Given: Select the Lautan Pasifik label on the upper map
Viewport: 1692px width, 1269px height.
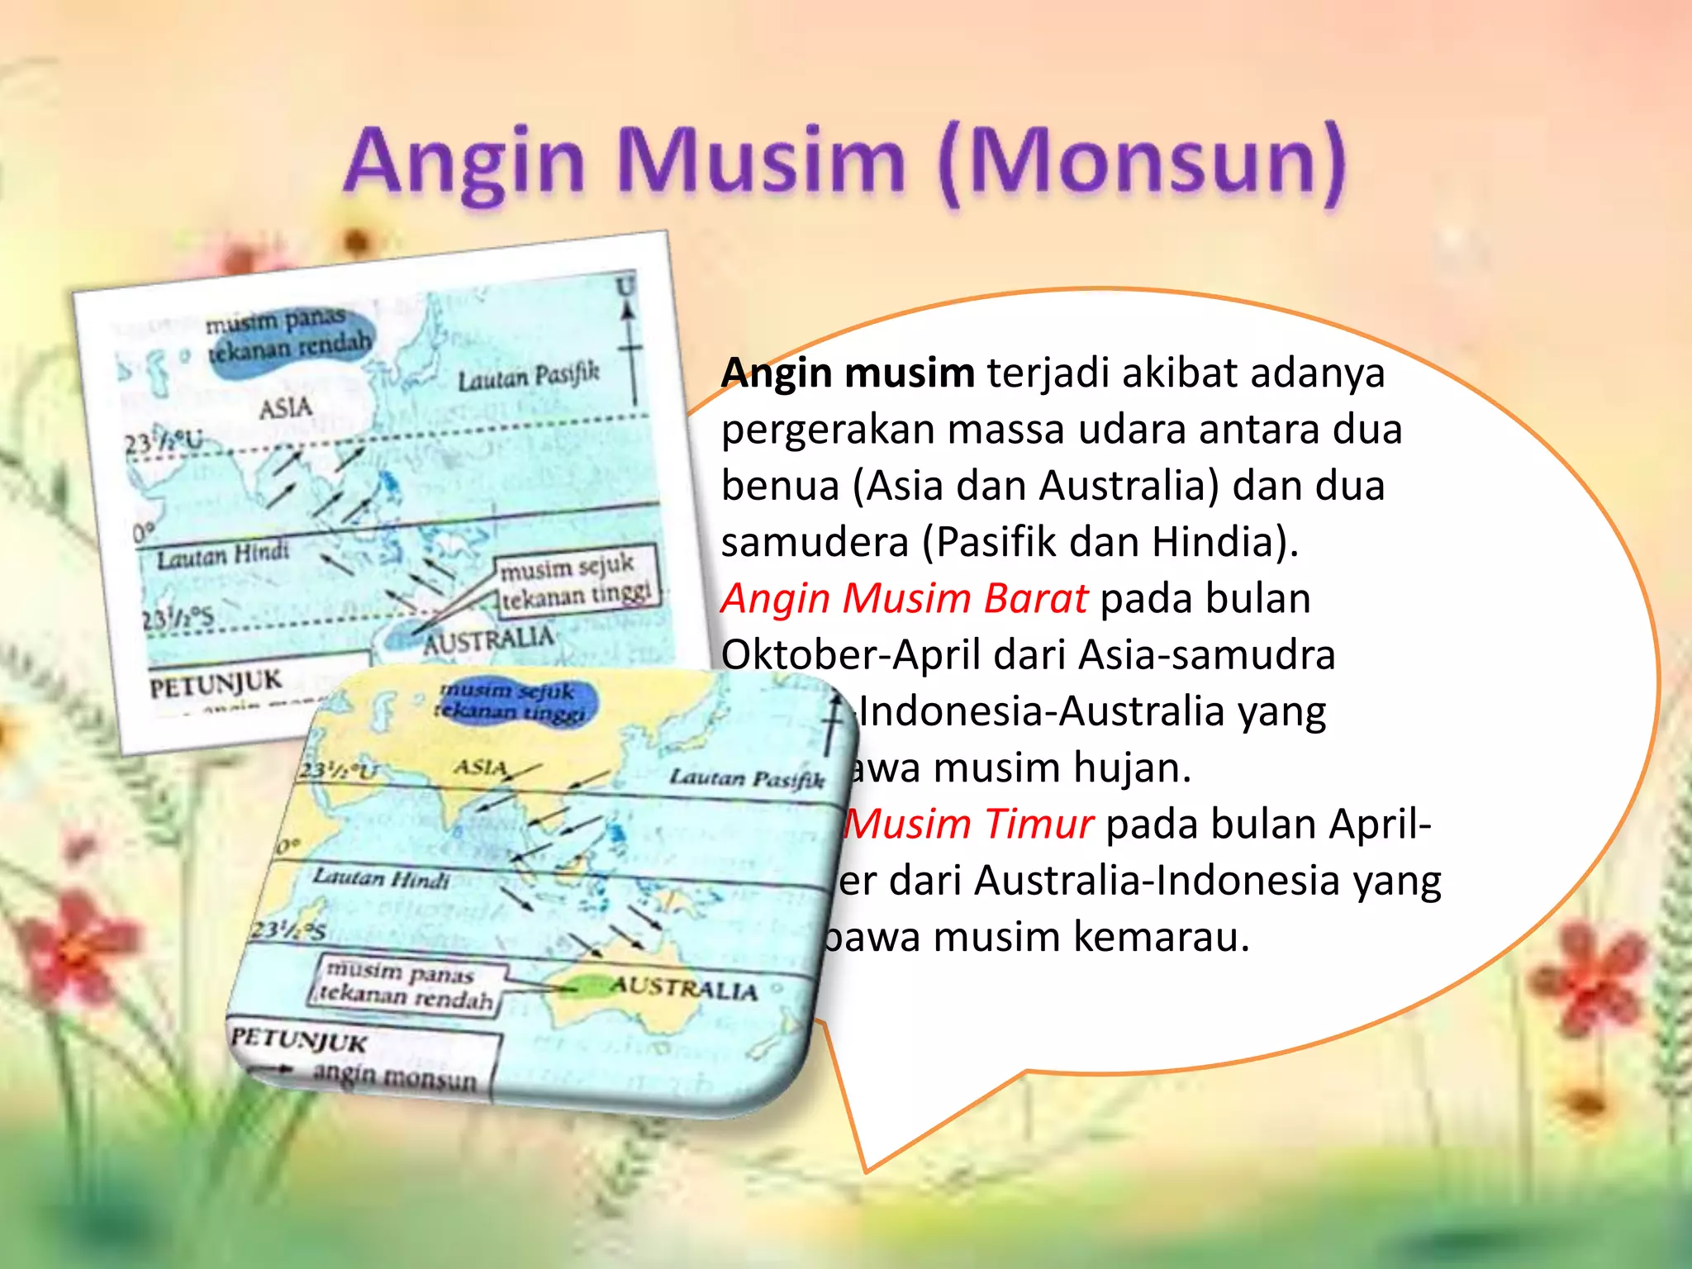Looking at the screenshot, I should click(529, 378).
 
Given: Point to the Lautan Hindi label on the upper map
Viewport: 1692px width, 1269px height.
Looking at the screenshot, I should click(224, 555).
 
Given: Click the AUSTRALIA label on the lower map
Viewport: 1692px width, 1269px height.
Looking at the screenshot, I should click(683, 988).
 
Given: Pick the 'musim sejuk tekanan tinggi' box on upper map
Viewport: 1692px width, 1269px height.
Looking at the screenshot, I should click(577, 582).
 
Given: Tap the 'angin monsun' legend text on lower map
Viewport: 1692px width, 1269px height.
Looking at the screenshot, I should click(395, 1076).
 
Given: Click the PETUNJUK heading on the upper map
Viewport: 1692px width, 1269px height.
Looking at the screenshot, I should click(215, 683).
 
